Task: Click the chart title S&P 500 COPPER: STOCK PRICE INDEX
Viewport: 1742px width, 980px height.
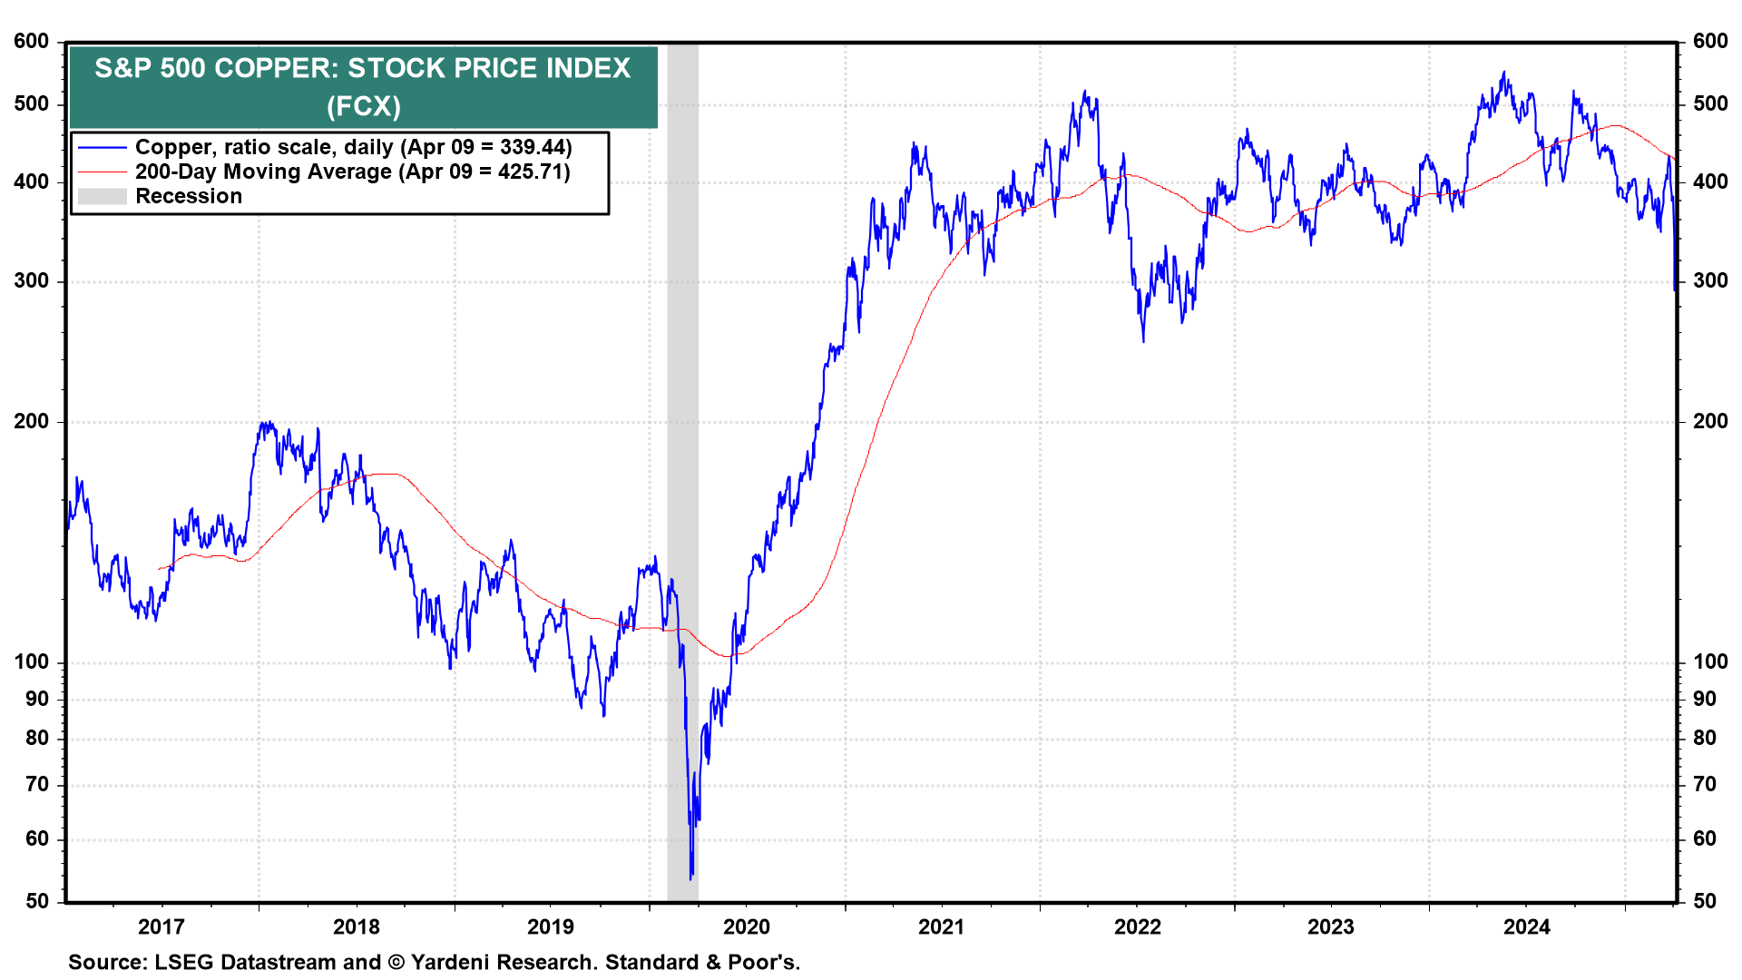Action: pyautogui.click(x=363, y=69)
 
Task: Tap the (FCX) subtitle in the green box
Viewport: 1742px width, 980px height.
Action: pyautogui.click(x=363, y=106)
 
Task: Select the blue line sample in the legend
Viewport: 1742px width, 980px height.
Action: pyautogui.click(x=102, y=148)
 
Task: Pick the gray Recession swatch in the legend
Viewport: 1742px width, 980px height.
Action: pyautogui.click(x=102, y=197)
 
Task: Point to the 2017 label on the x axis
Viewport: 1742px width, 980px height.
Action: pyautogui.click(x=161, y=926)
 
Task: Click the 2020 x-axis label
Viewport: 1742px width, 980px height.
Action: pyautogui.click(x=746, y=926)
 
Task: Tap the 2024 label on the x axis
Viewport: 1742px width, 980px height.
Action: pyautogui.click(x=1527, y=926)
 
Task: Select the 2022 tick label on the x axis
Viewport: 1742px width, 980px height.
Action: pyautogui.click(x=1137, y=926)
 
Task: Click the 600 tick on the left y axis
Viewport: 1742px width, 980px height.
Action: pyautogui.click(x=32, y=42)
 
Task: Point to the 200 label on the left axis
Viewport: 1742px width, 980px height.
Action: pyautogui.click(x=32, y=422)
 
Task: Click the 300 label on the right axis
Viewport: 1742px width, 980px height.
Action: pyautogui.click(x=1709, y=281)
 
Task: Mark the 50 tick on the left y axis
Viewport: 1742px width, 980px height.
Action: pyautogui.click(x=36, y=901)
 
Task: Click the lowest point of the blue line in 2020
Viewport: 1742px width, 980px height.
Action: pyautogui.click(x=691, y=877)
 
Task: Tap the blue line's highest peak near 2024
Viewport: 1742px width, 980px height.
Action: pyautogui.click(x=1503, y=73)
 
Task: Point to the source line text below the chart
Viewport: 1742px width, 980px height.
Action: pyautogui.click(x=434, y=963)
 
